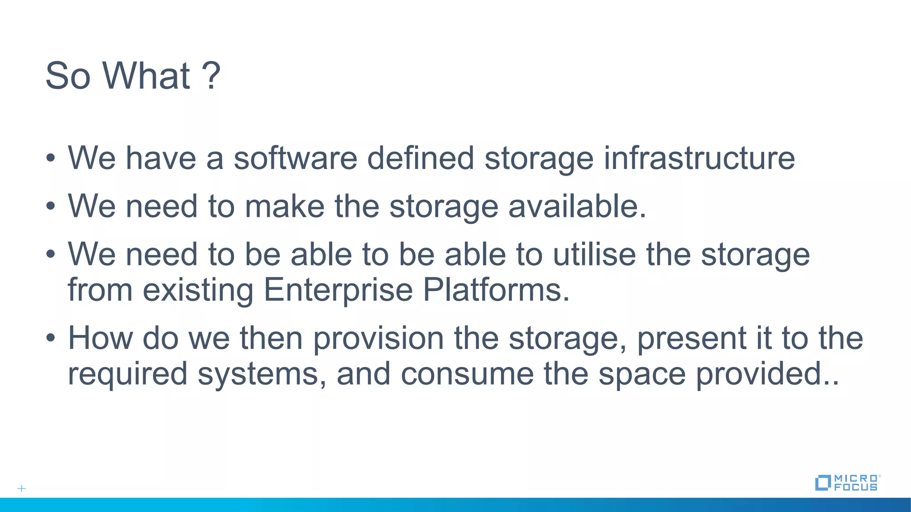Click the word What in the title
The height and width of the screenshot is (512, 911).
146,76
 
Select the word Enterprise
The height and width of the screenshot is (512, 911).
338,290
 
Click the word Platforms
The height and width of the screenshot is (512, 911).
496,290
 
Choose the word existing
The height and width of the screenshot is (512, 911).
198,290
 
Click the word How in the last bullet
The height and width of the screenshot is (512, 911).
100,338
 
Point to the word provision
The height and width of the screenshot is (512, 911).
379,339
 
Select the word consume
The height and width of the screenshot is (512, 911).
467,374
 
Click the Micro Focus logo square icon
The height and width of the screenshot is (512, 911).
822,483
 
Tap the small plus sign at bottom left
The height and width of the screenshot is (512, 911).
21,488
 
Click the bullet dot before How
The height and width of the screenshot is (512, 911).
51,338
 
